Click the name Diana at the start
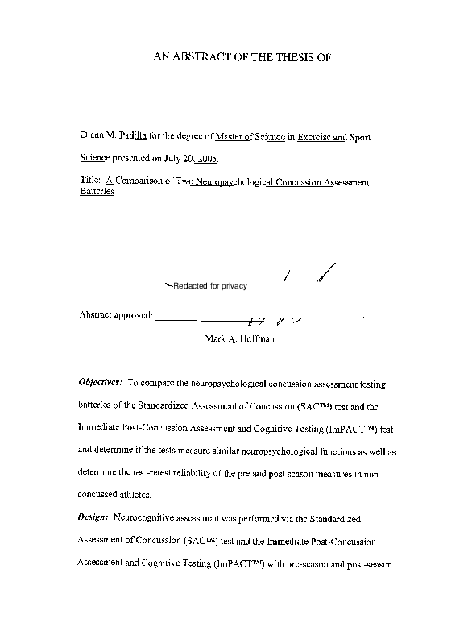pos(93,138)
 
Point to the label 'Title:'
pos(90,182)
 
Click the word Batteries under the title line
pos(97,194)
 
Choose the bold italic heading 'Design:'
pos(94,514)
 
